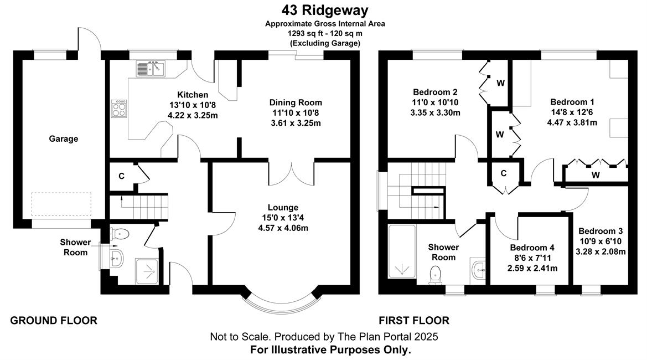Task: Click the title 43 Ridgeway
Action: coord(325,10)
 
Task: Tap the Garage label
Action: coord(64,138)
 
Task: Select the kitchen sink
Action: coord(151,69)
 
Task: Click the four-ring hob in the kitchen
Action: coord(119,109)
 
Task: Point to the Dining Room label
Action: coord(296,102)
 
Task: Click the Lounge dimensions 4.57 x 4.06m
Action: coord(283,228)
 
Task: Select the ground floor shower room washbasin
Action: coord(116,259)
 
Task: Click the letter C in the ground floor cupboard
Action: coord(121,176)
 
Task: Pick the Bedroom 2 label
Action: coord(435,92)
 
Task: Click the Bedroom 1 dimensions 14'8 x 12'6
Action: coord(572,112)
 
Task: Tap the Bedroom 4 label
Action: coord(532,248)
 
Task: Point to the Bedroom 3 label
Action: coord(601,231)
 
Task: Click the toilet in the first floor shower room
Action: coord(436,275)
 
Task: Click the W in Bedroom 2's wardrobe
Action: coord(500,83)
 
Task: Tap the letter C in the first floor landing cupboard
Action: coord(504,173)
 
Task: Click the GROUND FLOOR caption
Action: coord(54,320)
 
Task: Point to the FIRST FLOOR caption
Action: coord(414,320)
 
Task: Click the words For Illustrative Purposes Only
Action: coord(330,350)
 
